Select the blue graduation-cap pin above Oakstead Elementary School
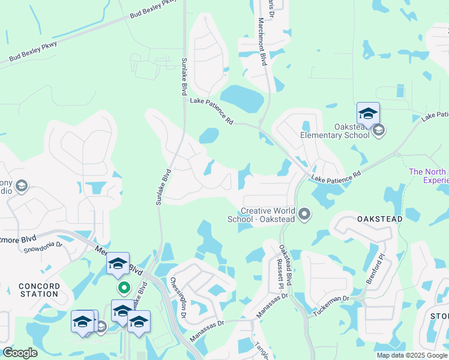[368, 113]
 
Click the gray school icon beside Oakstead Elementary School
[378, 130]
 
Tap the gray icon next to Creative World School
[305, 214]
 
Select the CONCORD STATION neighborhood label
[39, 290]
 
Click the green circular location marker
[124, 289]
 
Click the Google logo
[20, 353]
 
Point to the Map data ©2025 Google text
[411, 355]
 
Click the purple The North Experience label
[429, 175]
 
